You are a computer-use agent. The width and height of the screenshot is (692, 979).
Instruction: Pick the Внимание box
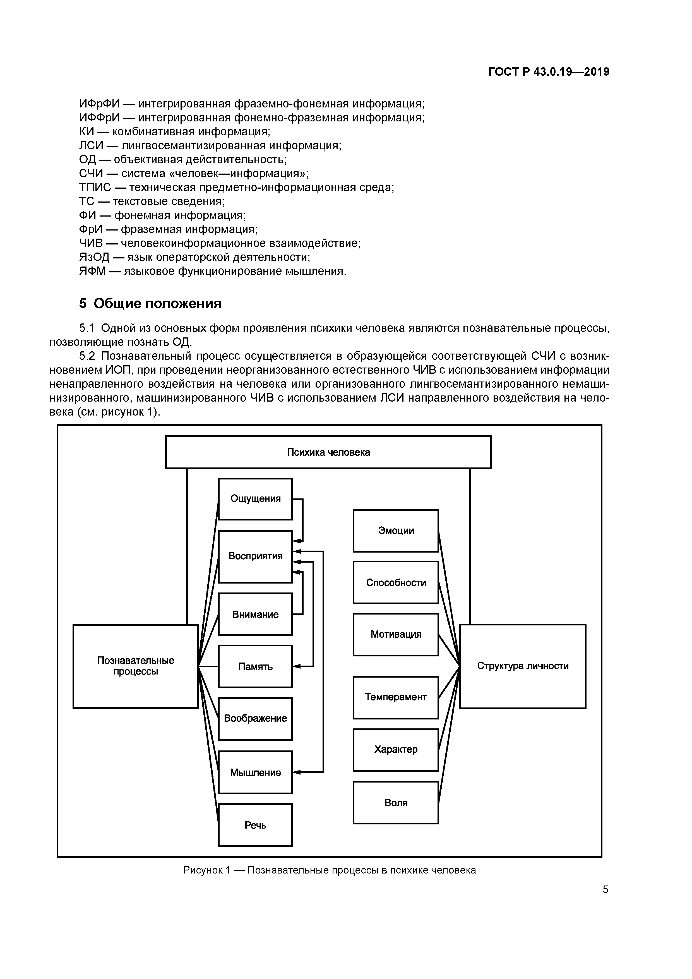click(255, 614)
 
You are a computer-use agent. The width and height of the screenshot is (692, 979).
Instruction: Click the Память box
click(255, 666)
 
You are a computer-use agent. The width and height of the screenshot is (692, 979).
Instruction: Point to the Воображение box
click(255, 718)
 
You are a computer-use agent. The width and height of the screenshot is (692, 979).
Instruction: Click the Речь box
click(255, 825)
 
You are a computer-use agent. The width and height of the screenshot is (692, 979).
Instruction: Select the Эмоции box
click(396, 531)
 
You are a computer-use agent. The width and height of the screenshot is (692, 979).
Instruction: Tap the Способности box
click(396, 582)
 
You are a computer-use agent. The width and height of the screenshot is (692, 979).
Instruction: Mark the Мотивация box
click(396, 634)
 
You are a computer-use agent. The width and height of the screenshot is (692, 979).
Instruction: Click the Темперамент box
click(396, 697)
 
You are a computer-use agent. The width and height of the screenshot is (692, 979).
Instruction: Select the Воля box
click(396, 802)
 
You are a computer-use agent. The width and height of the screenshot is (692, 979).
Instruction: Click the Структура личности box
click(523, 666)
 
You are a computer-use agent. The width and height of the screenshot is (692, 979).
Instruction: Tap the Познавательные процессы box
click(136, 666)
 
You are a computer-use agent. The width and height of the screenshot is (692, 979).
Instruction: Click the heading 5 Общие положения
click(150, 304)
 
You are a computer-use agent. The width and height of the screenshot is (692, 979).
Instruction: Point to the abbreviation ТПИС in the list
click(95, 187)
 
